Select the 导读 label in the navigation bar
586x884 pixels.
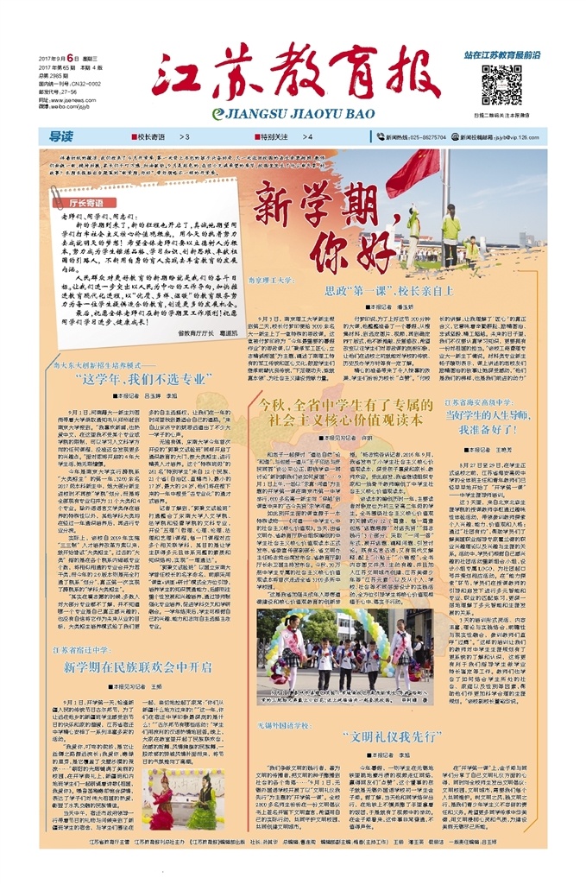[60, 136]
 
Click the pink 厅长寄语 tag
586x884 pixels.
[85, 201]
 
